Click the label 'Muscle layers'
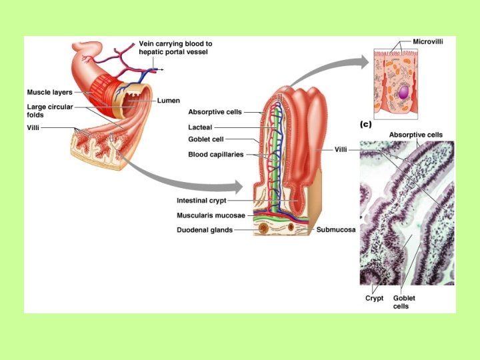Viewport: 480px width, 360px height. click(x=50, y=92)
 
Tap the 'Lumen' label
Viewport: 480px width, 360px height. click(x=169, y=101)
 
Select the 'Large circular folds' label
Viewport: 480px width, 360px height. click(x=50, y=110)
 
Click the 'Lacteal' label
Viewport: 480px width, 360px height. click(x=201, y=126)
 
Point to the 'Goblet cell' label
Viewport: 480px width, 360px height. click(x=206, y=140)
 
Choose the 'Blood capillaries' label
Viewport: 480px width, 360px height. click(x=216, y=154)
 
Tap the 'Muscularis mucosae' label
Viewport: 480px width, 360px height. click(x=211, y=215)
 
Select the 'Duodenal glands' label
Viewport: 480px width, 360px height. click(x=205, y=230)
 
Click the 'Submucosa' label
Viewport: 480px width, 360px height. click(x=336, y=230)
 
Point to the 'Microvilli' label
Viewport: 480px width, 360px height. click(x=428, y=41)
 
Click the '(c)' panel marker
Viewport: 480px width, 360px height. click(x=365, y=124)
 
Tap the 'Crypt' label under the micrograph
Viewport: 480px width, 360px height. click(x=374, y=299)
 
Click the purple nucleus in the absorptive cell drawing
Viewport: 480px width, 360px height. click(x=403, y=90)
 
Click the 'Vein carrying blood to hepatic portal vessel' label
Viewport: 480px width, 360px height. click(x=175, y=47)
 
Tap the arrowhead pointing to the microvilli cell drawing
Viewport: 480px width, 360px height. click(x=363, y=62)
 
